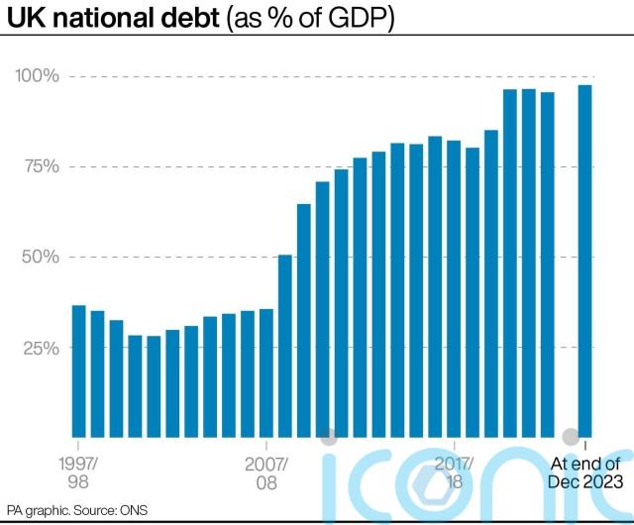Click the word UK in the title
click(26, 18)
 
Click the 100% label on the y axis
click(37, 76)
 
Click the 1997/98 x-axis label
click(79, 472)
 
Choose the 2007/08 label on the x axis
click(265, 472)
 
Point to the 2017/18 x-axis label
click(453, 472)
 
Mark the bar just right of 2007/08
click(284, 346)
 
